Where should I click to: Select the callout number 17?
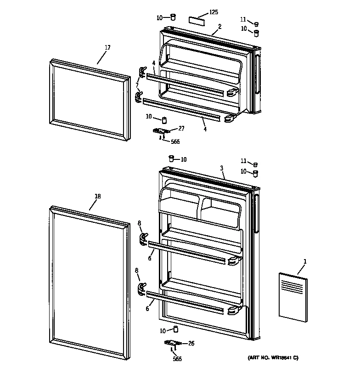coord(107,47)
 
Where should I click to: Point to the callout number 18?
coord(97,197)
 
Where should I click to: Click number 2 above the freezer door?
coord(219,27)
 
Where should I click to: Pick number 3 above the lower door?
coord(221,169)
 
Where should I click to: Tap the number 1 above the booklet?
coord(305,262)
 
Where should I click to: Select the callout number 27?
coord(181,129)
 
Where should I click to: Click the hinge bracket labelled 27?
coord(162,132)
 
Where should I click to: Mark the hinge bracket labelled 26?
coord(173,343)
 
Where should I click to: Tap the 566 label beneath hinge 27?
coord(175,142)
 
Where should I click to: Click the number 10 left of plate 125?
coord(159,17)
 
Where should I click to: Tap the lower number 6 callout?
coord(147,309)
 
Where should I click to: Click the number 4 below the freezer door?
coord(205,129)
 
